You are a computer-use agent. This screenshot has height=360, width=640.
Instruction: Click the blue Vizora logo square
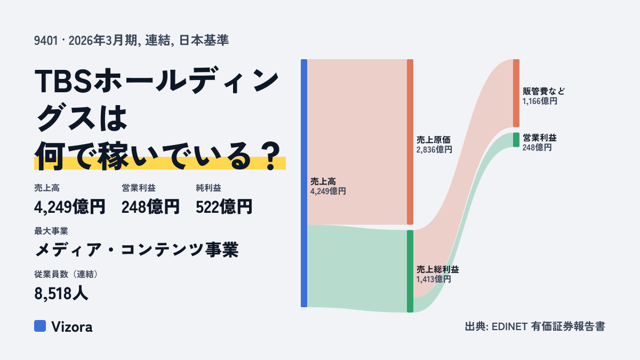click(x=40, y=326)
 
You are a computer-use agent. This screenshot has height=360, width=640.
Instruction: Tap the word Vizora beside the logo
click(x=72, y=327)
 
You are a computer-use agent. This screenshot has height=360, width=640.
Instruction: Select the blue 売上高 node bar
click(x=304, y=183)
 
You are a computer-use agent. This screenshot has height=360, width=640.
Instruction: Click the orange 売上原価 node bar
click(x=410, y=142)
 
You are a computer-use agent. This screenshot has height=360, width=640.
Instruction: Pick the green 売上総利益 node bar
click(x=410, y=271)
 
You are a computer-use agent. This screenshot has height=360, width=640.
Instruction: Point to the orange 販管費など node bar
click(x=516, y=93)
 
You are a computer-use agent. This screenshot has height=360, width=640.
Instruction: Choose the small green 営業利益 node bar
click(x=516, y=140)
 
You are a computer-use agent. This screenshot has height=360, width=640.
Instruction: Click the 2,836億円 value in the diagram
click(x=434, y=149)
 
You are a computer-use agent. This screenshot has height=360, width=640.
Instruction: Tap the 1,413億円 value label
click(x=434, y=279)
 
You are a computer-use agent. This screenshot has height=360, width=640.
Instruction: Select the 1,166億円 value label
click(x=540, y=101)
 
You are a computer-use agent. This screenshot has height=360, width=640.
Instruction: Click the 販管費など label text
click(x=543, y=91)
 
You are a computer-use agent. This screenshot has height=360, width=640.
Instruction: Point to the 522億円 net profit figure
click(x=224, y=207)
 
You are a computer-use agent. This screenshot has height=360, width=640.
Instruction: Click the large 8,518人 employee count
click(x=61, y=293)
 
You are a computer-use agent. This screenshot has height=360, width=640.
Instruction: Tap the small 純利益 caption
click(x=209, y=188)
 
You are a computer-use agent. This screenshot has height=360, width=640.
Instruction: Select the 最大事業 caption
click(x=51, y=231)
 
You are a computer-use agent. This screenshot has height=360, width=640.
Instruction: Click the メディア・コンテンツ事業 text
click(x=137, y=250)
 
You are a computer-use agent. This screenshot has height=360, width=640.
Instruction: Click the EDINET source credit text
click(x=535, y=326)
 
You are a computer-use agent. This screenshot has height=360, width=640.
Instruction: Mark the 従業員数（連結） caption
click(x=67, y=274)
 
